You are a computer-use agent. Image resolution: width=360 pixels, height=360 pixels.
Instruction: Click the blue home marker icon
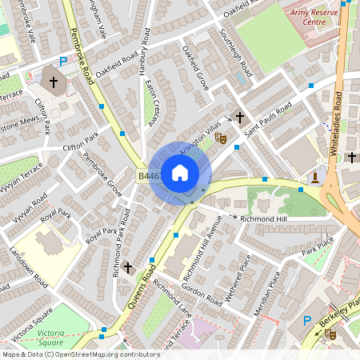[180, 172]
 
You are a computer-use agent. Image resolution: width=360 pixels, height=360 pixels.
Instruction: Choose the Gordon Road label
[202, 294]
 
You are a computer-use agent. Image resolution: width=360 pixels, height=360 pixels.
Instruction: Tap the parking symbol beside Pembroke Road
[63, 62]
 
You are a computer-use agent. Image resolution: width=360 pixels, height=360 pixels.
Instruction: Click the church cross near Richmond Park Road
[127, 266]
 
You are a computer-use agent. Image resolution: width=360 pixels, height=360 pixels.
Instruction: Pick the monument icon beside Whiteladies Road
[316, 176]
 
